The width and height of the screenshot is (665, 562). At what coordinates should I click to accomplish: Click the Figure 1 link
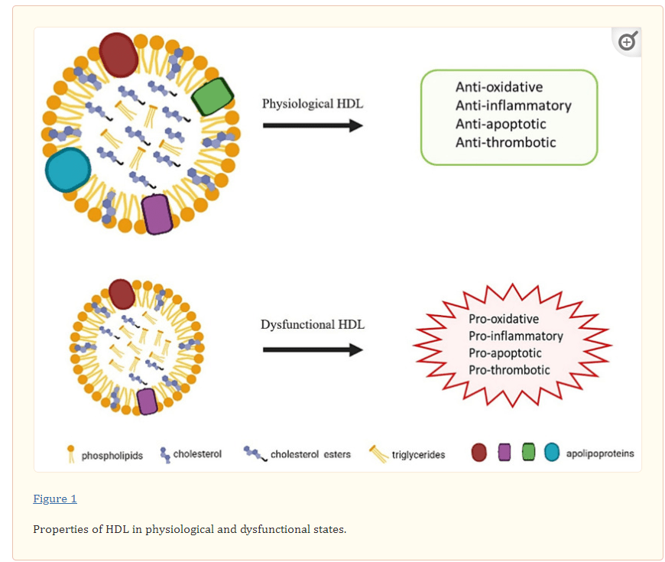(55, 499)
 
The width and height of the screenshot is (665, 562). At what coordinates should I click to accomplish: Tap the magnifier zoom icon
(628, 41)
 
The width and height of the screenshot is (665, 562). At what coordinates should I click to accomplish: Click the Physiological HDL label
(313, 104)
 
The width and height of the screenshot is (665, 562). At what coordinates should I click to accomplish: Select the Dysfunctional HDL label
(313, 325)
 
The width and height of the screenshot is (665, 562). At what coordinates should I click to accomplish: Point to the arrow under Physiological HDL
(313, 125)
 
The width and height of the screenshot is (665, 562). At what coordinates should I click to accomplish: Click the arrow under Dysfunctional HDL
(313, 349)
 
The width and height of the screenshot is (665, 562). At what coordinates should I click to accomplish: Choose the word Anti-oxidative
(499, 87)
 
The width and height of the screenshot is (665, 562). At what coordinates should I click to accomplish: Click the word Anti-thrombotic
(506, 142)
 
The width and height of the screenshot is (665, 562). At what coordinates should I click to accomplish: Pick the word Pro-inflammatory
(516, 336)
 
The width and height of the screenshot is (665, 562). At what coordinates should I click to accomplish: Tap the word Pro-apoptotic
(505, 353)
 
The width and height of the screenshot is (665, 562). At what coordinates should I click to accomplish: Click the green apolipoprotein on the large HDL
(212, 97)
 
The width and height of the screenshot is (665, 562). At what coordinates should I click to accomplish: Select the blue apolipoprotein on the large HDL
(68, 170)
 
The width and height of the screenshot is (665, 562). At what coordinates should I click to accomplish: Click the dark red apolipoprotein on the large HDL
(118, 54)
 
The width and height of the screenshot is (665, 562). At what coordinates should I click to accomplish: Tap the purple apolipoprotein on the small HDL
(148, 401)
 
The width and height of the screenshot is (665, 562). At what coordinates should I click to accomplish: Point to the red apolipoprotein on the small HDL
(122, 294)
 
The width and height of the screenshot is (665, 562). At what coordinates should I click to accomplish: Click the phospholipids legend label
(112, 456)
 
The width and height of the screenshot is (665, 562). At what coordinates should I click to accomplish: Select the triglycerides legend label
(418, 455)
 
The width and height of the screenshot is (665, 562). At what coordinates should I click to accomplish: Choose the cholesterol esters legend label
(310, 455)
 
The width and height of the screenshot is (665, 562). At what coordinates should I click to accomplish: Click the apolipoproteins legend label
(600, 453)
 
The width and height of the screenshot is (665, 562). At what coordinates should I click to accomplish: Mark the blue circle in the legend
(552, 453)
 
